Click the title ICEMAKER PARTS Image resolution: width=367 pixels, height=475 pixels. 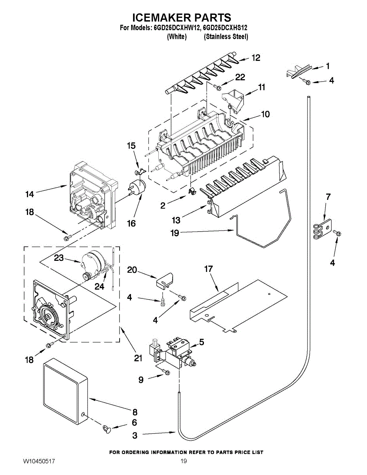click(181, 17)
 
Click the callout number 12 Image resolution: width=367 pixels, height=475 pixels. click(256, 58)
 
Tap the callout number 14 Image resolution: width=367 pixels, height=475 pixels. click(30, 194)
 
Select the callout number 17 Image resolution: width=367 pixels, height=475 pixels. click(208, 269)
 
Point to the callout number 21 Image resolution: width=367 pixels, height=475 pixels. click(138, 358)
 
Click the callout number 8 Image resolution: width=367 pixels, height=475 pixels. click(135, 412)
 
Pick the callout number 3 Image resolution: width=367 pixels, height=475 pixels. click(135, 435)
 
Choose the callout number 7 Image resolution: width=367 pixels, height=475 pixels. click(328, 197)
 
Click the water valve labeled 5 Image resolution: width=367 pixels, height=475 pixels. click(174, 350)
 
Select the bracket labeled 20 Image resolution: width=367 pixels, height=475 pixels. click(165, 279)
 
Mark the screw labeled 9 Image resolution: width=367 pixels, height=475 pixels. click(167, 372)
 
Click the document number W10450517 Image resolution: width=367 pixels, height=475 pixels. click(39, 462)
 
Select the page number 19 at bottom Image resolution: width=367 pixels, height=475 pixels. click(183, 462)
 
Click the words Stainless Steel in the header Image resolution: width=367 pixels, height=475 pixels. click(226, 37)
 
